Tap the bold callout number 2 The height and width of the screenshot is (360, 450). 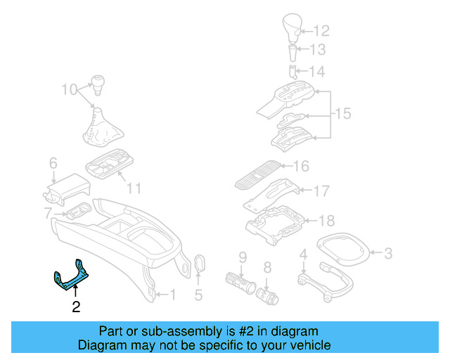[x=75, y=307]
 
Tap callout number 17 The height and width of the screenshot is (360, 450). [x=321, y=191]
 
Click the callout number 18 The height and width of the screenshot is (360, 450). [x=327, y=221]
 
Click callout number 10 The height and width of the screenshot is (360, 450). [x=68, y=89]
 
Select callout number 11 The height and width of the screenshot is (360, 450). [x=134, y=188]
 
